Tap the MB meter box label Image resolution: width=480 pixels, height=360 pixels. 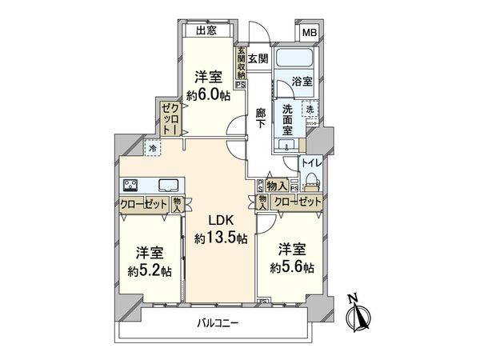tap(309, 33)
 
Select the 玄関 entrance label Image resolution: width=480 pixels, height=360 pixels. tap(257, 58)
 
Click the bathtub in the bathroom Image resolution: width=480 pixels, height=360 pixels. tap(296, 59)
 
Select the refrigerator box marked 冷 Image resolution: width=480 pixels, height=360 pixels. tap(151, 147)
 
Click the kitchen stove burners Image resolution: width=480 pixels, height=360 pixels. tap(132, 185)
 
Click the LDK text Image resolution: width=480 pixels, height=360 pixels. tap(221, 222)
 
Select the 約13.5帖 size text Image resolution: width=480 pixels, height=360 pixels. tap(221, 238)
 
